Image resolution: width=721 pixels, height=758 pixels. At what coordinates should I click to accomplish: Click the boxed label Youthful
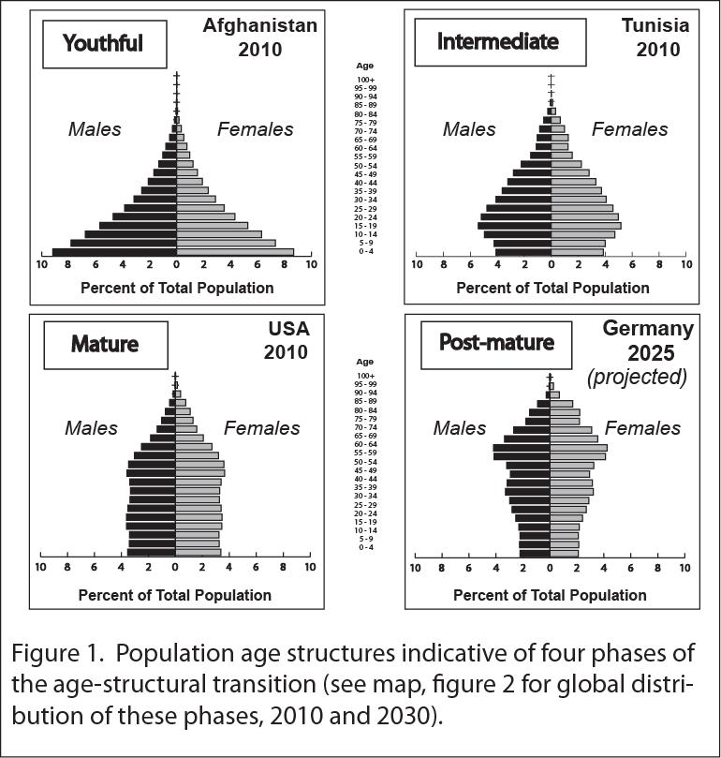pos(102,43)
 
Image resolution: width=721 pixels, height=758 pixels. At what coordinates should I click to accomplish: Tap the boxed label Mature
pos(105,344)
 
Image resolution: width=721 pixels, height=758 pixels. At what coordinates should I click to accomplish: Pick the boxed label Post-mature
pos(496,343)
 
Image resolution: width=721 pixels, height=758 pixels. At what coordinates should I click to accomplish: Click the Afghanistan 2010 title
pos(259,37)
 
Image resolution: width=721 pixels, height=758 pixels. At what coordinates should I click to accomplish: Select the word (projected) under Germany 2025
pos(637,377)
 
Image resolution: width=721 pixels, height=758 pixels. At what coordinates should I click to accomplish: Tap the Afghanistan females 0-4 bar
pos(235,252)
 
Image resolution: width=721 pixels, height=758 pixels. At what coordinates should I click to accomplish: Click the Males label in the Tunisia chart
pos(469,129)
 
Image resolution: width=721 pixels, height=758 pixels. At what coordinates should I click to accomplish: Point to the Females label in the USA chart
pos(261,428)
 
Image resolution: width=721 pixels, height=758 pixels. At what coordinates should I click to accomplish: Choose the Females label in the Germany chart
pos(642,428)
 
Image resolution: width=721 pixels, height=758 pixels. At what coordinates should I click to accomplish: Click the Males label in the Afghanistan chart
pos(95,129)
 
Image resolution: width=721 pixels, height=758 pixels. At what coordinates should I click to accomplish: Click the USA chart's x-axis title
pos(175,594)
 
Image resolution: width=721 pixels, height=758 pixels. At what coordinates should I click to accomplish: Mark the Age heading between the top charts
pos(365,66)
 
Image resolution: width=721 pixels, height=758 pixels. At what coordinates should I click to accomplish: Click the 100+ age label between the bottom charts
pos(364,376)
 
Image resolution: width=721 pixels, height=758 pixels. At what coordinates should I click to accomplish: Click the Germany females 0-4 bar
pos(564,553)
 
